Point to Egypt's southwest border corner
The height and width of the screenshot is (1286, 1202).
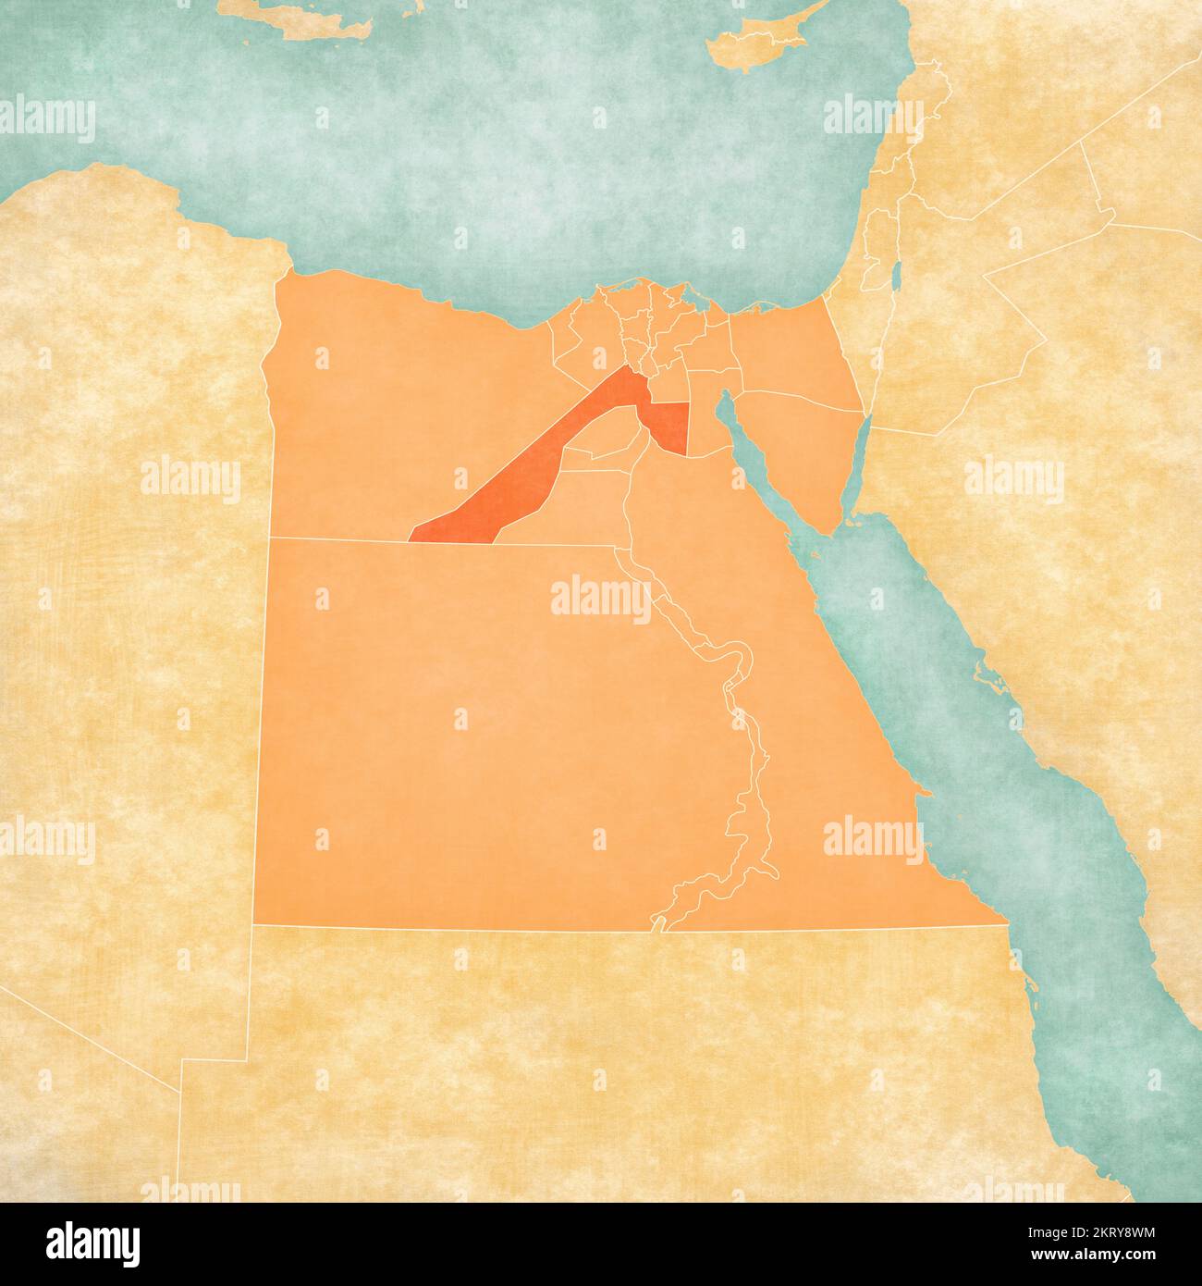point(253,923)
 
